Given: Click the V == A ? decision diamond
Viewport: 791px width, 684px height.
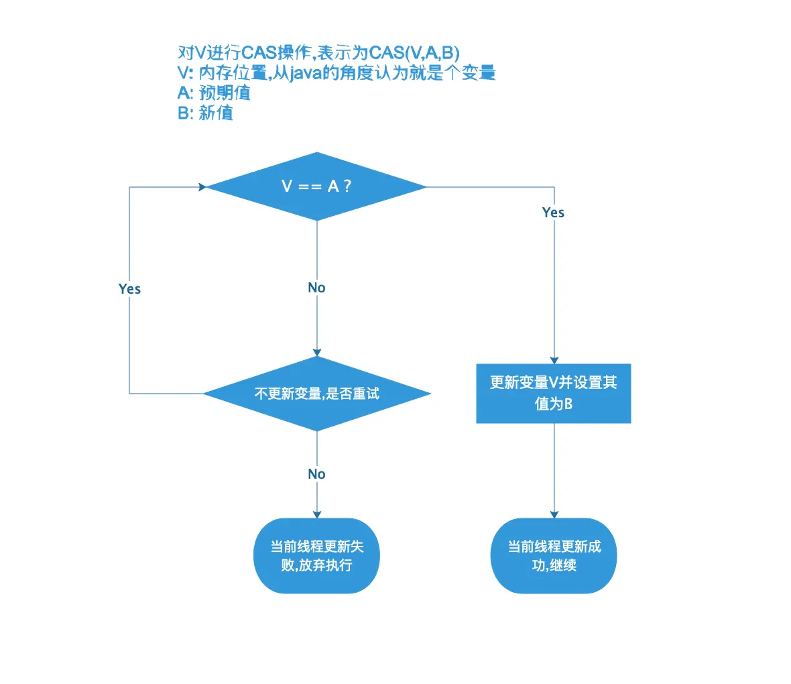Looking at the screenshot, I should [x=316, y=186].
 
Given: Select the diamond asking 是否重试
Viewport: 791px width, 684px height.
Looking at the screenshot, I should [x=316, y=394].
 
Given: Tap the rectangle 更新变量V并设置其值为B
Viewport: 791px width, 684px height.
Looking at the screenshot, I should [x=553, y=394].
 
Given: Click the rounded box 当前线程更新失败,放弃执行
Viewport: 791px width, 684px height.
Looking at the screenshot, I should [x=316, y=556].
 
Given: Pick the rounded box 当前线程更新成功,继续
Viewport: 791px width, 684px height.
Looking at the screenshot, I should [x=554, y=556].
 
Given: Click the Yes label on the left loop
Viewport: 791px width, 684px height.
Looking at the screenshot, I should [x=129, y=289].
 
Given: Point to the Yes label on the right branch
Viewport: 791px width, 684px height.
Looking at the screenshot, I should [x=553, y=213].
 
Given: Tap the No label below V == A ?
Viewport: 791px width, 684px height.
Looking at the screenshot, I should [x=316, y=288].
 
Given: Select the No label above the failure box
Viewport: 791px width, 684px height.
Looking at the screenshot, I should [x=316, y=474].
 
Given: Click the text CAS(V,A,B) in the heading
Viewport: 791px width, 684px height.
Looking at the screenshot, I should [x=415, y=53].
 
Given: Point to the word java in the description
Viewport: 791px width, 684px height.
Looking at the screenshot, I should [x=304, y=73].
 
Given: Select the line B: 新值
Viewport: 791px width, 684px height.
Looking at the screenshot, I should [x=205, y=113].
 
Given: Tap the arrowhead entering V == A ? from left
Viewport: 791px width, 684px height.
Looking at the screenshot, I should [x=202, y=187].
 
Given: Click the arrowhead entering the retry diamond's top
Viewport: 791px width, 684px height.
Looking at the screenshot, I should [x=317, y=352].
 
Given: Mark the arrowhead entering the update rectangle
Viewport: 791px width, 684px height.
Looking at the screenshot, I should [x=554, y=360].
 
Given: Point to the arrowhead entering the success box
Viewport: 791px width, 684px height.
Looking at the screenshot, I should [x=554, y=514].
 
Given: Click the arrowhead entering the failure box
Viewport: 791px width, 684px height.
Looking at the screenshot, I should [x=317, y=514].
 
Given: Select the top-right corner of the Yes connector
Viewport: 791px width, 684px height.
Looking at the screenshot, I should [x=554, y=187].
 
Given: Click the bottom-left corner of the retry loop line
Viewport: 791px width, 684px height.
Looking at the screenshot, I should [x=129, y=394].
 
